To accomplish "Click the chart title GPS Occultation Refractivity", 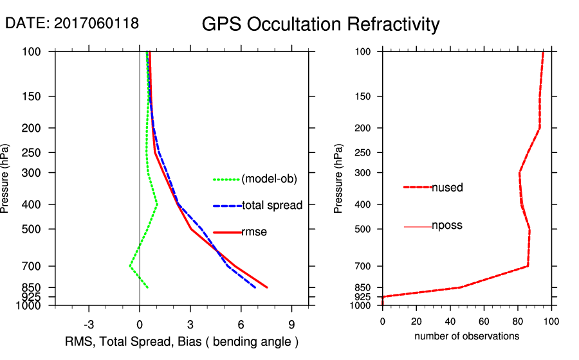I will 320,24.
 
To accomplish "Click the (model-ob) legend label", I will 269,179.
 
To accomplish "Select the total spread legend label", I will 272,206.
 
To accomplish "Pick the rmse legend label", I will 254,232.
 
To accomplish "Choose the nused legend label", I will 447,188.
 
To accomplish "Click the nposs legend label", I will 447,226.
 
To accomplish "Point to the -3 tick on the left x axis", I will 89,323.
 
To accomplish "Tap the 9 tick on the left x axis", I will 291,323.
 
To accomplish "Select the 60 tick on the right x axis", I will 484,321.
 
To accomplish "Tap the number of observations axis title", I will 466,336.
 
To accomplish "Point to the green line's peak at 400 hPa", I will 158,204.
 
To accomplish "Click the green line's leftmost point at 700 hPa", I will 129,266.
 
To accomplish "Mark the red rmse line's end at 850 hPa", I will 267,287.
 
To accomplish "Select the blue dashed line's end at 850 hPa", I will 255,287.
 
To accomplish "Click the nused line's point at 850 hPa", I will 460,287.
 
